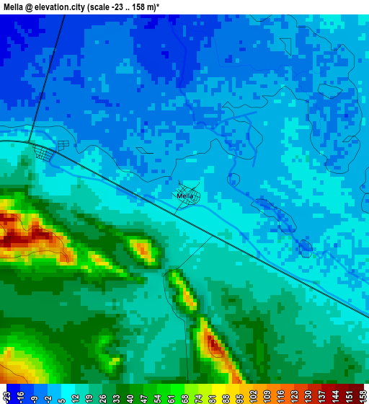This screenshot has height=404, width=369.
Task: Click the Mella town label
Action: coord(184,196)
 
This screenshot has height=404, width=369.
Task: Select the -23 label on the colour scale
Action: coord(6,396)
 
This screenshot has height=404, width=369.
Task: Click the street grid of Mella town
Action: coord(190,203)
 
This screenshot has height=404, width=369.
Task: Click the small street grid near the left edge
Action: coord(45,152)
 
